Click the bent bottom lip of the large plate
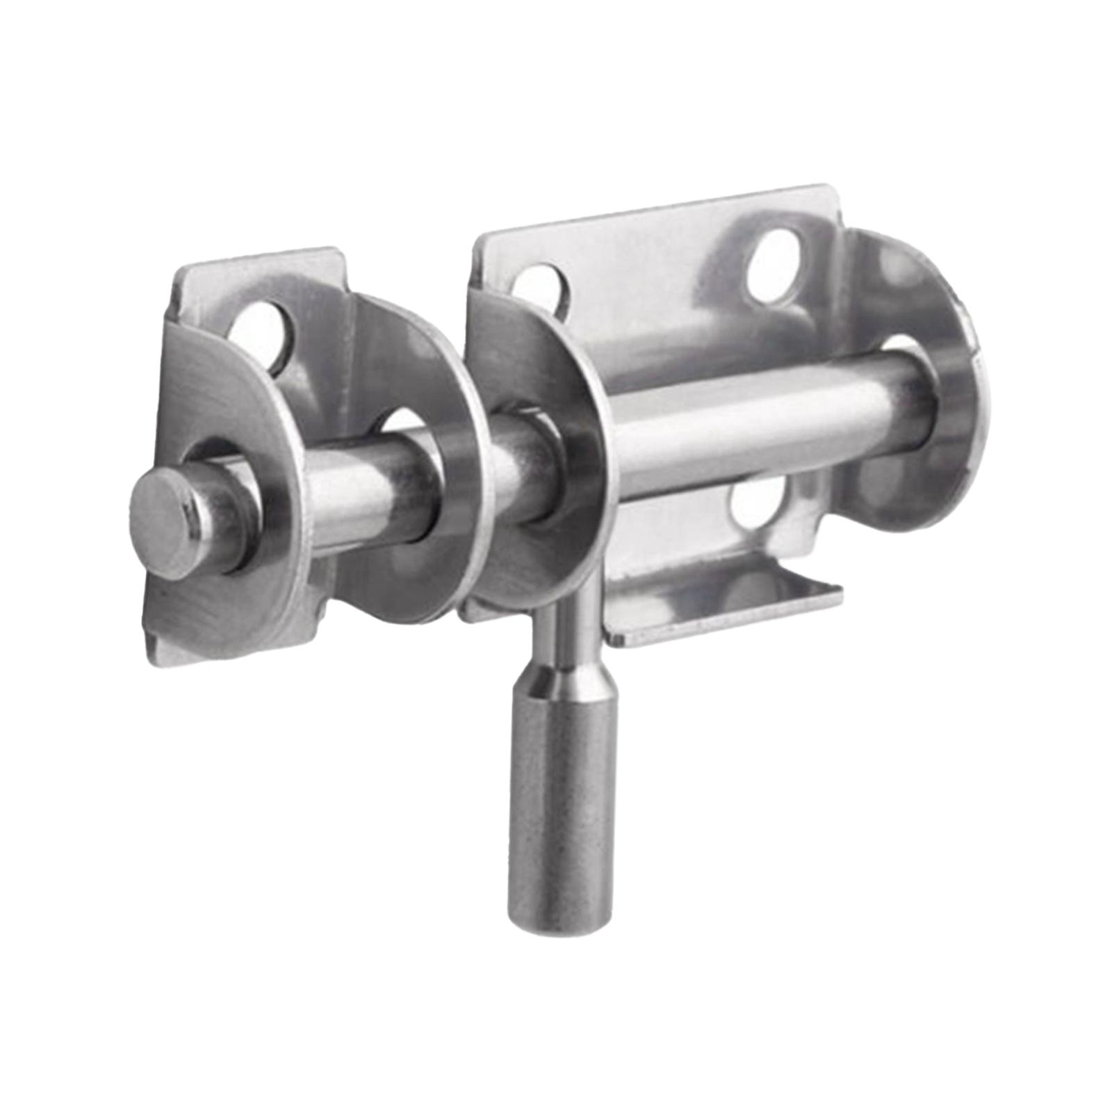[723, 612]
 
